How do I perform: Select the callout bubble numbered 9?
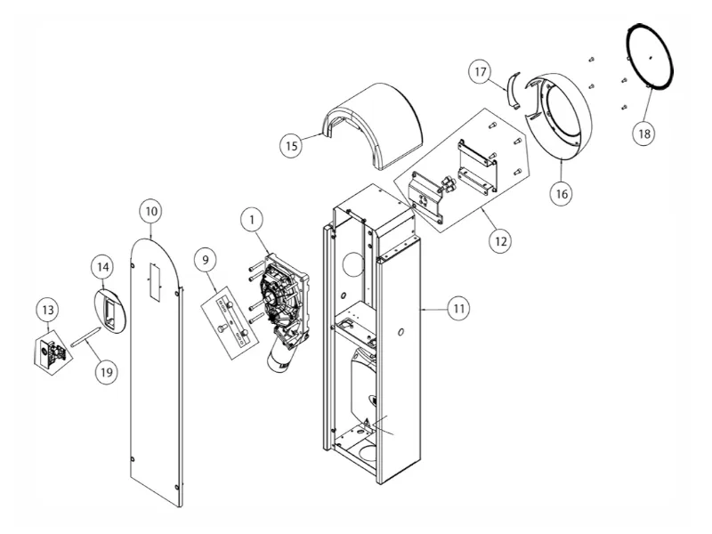[x=206, y=260]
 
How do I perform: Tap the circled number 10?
[x=151, y=211]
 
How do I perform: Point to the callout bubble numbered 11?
[x=457, y=308]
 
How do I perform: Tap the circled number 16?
[x=560, y=191]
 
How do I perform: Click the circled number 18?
[x=643, y=133]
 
